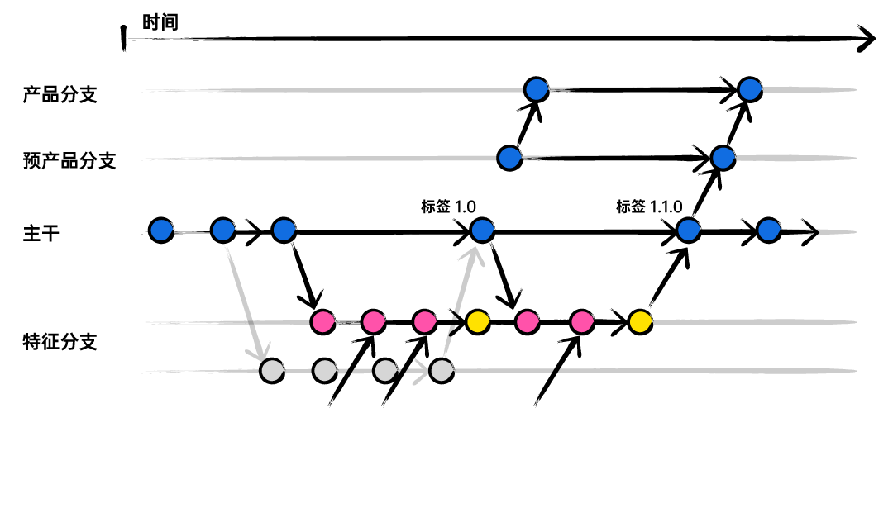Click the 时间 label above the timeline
pyautogui.click(x=160, y=22)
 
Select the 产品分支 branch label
pyautogui.click(x=60, y=94)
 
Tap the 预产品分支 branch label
pyautogui.click(x=69, y=160)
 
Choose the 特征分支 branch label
pyautogui.click(x=60, y=341)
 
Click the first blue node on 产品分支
pyautogui.click(x=537, y=88)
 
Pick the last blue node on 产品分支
pyautogui.click(x=749, y=88)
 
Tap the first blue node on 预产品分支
pyautogui.click(x=510, y=157)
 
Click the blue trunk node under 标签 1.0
pyautogui.click(x=481, y=230)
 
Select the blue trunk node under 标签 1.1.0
pyautogui.click(x=688, y=230)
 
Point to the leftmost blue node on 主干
pyautogui.click(x=161, y=230)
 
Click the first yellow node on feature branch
pyautogui.click(x=477, y=321)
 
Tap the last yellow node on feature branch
pyautogui.click(x=639, y=321)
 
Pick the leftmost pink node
pyautogui.click(x=322, y=321)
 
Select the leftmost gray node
pyautogui.click(x=272, y=371)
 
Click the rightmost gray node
pyautogui.click(x=442, y=371)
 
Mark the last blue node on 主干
pyautogui.click(x=768, y=230)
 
